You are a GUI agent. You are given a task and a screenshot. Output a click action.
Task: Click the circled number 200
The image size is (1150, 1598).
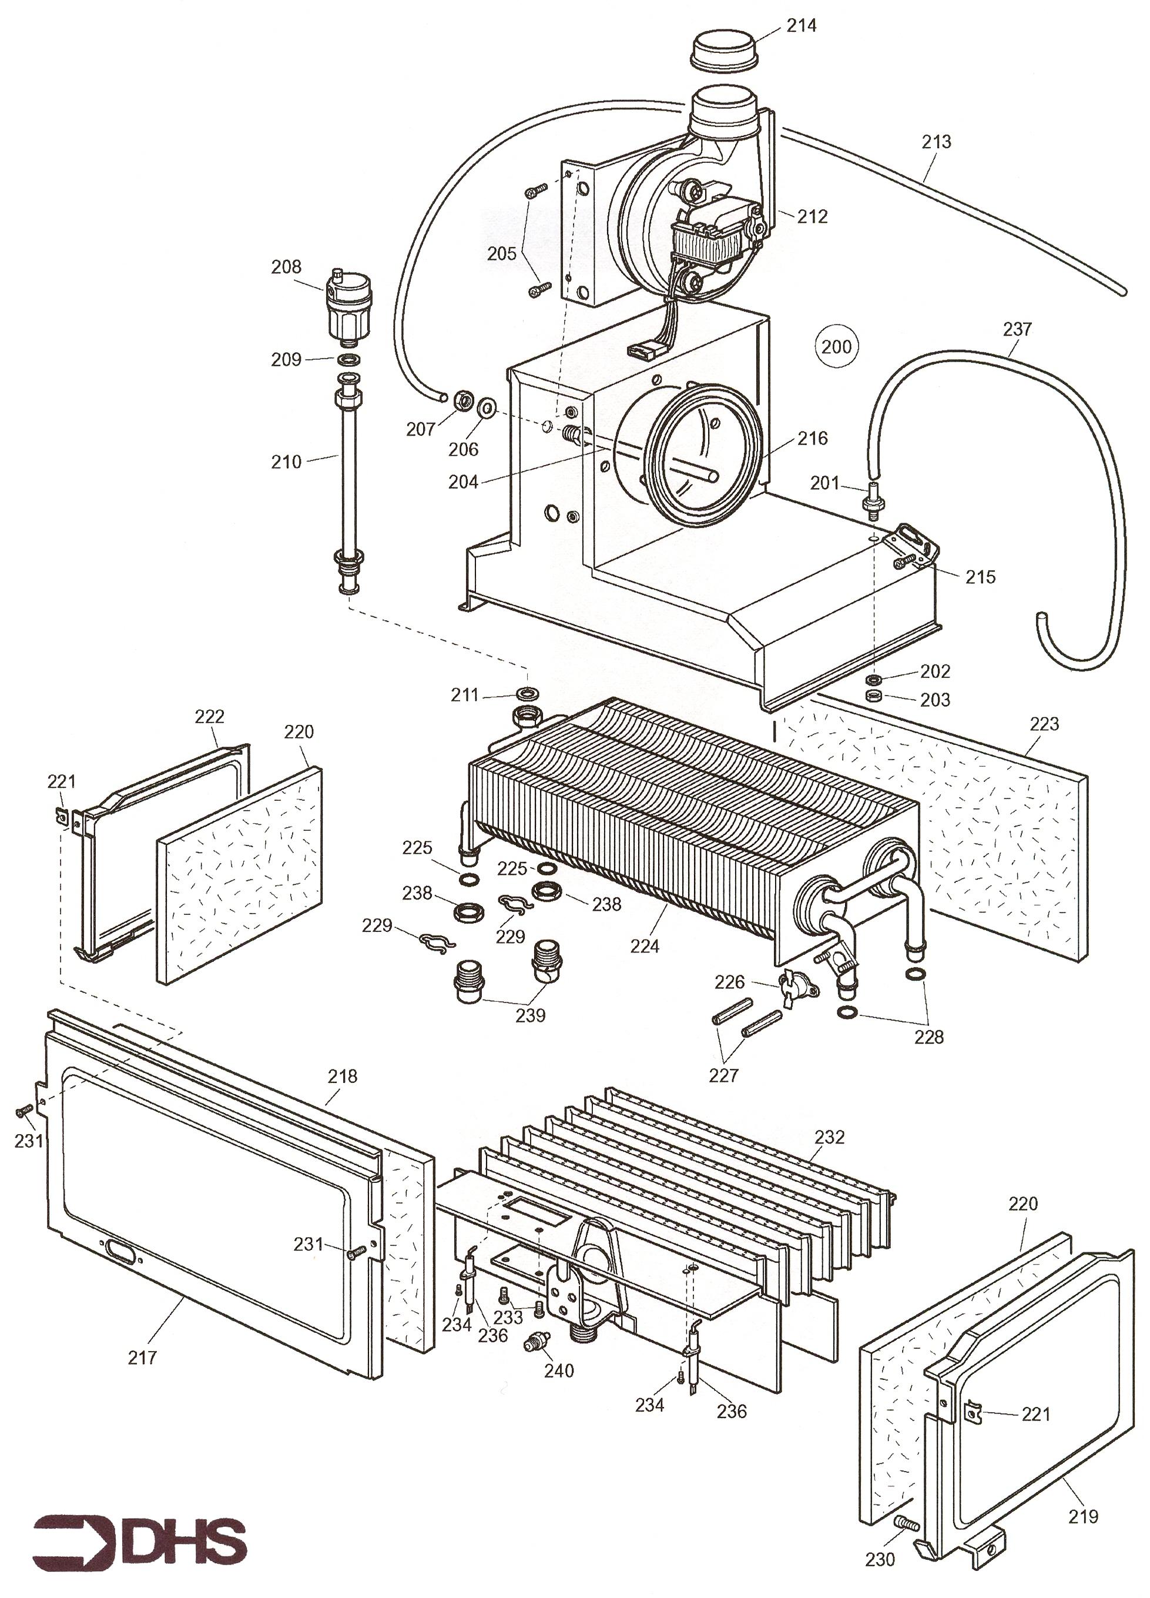tap(836, 346)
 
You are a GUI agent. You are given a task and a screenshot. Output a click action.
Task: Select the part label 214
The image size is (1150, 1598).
tap(802, 26)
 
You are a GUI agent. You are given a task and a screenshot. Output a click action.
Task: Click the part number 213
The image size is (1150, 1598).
tap(936, 142)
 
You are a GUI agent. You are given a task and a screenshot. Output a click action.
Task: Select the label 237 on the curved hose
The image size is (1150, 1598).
tap(1017, 329)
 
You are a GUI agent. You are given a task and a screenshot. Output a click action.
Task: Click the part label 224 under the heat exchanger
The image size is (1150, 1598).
tap(645, 946)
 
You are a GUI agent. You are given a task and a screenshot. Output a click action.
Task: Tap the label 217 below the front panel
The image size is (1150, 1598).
tap(142, 1356)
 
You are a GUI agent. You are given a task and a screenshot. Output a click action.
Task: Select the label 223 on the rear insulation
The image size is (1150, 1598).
tap(1044, 724)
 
